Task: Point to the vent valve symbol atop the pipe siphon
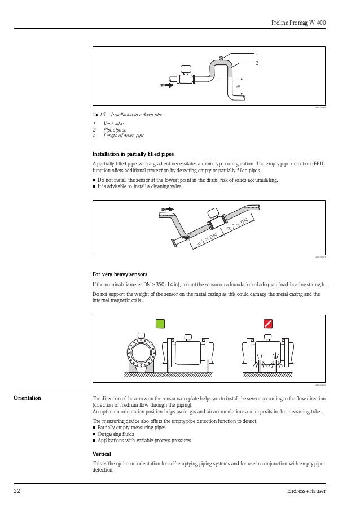pos(221,58)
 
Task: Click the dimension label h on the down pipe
pos(239,86)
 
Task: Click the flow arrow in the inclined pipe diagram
pos(166,210)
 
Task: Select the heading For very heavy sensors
pos(120,274)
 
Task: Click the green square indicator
pos(160,323)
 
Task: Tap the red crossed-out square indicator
pos(268,323)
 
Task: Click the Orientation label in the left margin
pos(27,398)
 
